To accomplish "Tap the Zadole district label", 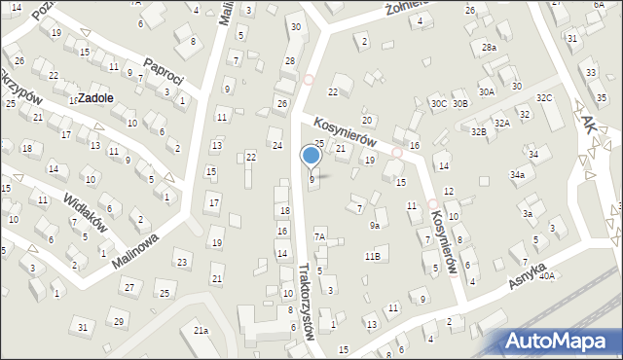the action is [95, 98].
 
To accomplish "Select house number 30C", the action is [439, 103].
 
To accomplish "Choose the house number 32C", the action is [544, 98].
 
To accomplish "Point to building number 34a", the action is [517, 175].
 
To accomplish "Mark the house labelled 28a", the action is [489, 47].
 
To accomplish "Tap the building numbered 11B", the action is [372, 256].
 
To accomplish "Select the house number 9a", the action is [374, 226].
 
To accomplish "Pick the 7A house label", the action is [318, 236].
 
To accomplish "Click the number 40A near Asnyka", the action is [547, 276].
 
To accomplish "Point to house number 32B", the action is [478, 131].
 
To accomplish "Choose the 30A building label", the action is [487, 91].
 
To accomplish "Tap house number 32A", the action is [501, 124].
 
